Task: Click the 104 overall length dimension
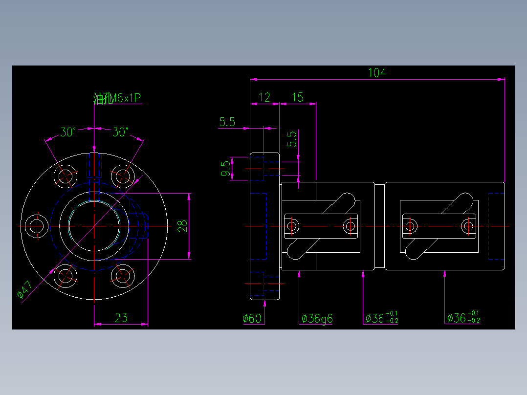(x=377, y=73)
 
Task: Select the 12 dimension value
(x=264, y=97)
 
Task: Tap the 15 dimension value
(x=297, y=97)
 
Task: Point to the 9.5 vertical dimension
(x=225, y=169)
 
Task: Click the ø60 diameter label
(x=252, y=319)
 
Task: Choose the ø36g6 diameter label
(x=317, y=319)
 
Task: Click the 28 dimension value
(x=182, y=226)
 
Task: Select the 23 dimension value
(x=121, y=318)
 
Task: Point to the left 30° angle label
(x=67, y=132)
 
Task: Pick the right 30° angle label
(x=120, y=132)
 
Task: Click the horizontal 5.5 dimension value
(x=227, y=122)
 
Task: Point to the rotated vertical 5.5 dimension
(x=292, y=139)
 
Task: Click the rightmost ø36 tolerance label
(x=463, y=318)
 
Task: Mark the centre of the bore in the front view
(x=94, y=226)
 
